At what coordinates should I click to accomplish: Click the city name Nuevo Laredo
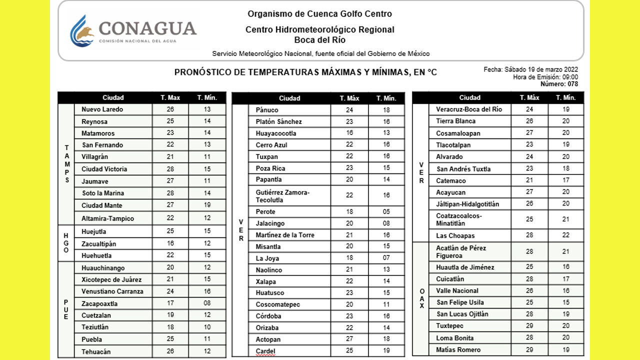point(102,109)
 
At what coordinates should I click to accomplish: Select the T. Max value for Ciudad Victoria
point(170,169)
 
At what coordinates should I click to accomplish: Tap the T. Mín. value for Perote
point(386,212)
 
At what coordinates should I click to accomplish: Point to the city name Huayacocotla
point(276,133)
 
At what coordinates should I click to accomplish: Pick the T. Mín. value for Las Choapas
point(565,235)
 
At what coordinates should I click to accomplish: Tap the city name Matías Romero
point(458,350)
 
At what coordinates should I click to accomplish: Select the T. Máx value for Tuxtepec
point(529,326)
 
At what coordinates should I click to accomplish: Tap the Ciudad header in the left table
point(113,97)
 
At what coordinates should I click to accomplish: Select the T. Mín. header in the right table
point(565,97)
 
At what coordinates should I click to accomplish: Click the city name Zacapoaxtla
point(99,303)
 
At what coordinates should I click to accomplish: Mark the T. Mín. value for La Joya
point(386,258)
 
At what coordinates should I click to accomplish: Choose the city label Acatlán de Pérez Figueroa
point(461,252)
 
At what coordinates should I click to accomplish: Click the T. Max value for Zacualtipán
point(170,243)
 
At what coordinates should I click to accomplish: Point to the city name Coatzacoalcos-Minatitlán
point(459,219)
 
